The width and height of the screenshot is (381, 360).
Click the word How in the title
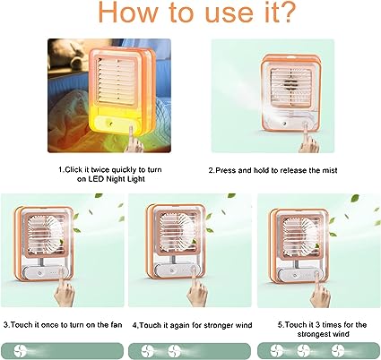point(115,17)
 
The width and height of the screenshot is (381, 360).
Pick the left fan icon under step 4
point(147,349)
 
